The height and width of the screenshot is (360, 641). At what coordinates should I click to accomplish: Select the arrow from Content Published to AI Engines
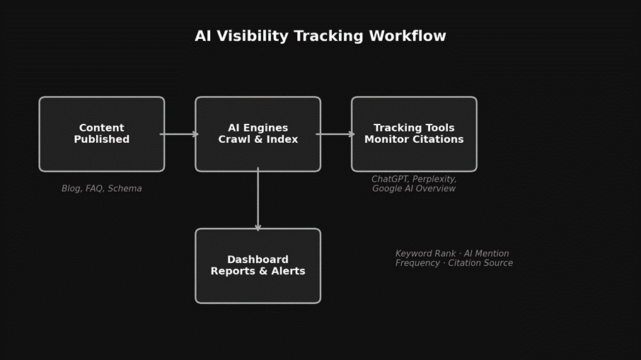pyautogui.click(x=180, y=134)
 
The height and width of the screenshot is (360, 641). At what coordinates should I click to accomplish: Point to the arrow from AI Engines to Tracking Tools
pyautogui.click(x=335, y=134)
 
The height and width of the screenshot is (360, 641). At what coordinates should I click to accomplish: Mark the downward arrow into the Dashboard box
pyautogui.click(x=258, y=199)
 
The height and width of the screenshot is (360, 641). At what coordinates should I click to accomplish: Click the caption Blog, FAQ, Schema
pyautogui.click(x=101, y=189)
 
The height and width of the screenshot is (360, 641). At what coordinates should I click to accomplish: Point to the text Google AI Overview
pyautogui.click(x=414, y=189)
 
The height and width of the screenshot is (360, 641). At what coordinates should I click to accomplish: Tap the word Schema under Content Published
pyautogui.click(x=125, y=189)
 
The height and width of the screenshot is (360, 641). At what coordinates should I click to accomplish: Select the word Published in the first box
pyautogui.click(x=102, y=140)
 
